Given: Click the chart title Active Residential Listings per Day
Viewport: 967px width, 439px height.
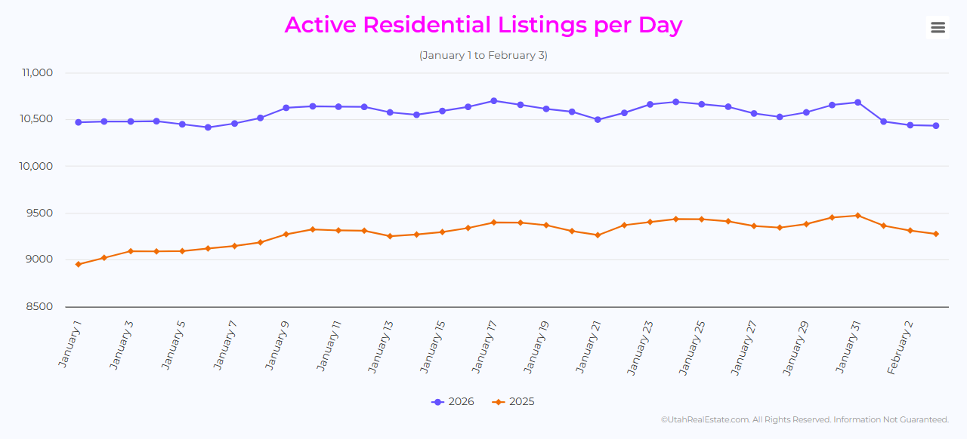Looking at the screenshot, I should coord(483,25).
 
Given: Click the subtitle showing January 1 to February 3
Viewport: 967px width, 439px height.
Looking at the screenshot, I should coord(483,56).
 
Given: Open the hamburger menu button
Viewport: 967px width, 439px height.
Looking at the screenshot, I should coord(938,28).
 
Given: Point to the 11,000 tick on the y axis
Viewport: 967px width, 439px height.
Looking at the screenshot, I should coord(37,73).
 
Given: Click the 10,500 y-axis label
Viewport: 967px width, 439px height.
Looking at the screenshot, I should coord(37,119).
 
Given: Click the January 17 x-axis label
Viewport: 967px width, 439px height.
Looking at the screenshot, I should coord(484,346).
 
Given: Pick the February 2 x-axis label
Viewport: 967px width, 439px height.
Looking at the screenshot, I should coord(901,348).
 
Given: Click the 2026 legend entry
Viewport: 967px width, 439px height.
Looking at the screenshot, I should coord(453,402).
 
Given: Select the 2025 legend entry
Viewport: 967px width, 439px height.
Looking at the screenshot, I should coord(514,402).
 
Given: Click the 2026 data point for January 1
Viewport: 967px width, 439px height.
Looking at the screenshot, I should coord(78,122).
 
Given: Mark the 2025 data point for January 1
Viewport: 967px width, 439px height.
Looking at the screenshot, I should coord(78,264).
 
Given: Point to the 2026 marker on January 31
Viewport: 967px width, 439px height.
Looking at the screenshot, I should coord(857,103).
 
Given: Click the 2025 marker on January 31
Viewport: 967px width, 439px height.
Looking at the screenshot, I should coord(857,216).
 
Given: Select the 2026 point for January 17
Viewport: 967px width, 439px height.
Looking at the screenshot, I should coord(494,100).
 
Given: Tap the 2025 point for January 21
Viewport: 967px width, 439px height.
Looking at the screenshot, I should coord(598,235).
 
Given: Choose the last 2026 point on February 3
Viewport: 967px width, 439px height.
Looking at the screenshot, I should coord(936,126).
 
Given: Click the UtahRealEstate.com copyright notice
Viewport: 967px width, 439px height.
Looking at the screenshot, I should coord(805,419).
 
